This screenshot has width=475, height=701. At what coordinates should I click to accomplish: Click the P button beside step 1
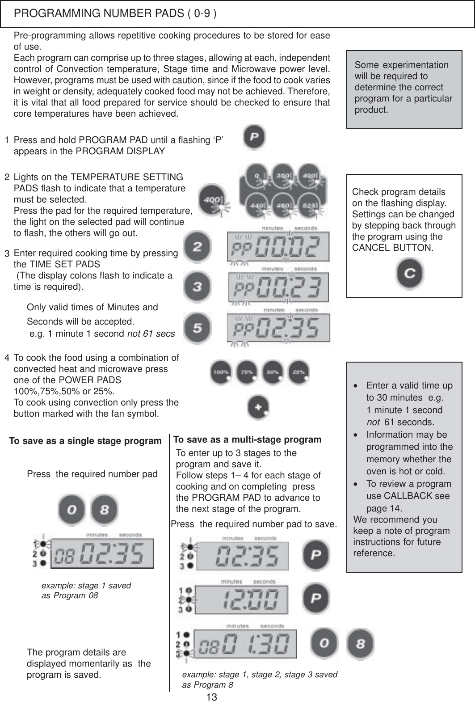[254, 138]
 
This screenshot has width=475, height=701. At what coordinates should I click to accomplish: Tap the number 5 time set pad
[198, 328]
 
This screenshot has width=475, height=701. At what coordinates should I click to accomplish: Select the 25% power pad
[299, 372]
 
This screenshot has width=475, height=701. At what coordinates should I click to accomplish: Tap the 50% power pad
[273, 372]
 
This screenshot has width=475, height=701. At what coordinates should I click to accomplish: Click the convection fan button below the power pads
[259, 408]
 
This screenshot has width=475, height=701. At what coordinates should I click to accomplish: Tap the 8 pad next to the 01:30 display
[361, 644]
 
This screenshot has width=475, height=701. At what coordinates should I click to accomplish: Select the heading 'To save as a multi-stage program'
[247, 439]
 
